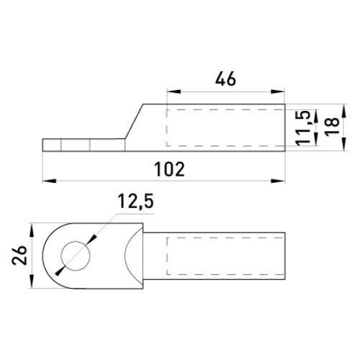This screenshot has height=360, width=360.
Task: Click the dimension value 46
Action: (225, 79)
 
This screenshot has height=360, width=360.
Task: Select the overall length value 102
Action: (169, 169)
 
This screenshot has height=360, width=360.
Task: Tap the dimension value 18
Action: (333, 127)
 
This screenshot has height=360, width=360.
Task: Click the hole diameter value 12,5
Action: (135, 201)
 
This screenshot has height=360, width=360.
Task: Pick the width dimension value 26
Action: (19, 255)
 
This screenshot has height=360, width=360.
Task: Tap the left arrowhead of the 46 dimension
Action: (174, 91)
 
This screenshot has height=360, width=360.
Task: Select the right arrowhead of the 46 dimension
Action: (278, 91)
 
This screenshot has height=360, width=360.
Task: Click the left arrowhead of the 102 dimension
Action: (49, 181)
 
